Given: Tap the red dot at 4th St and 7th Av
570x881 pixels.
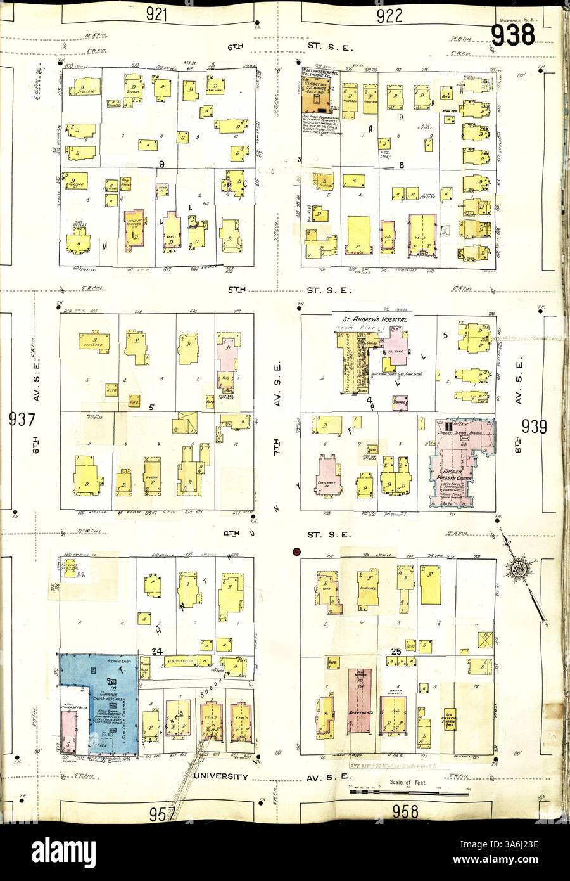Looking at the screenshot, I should [296, 551].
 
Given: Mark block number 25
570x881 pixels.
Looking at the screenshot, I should [398, 652].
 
